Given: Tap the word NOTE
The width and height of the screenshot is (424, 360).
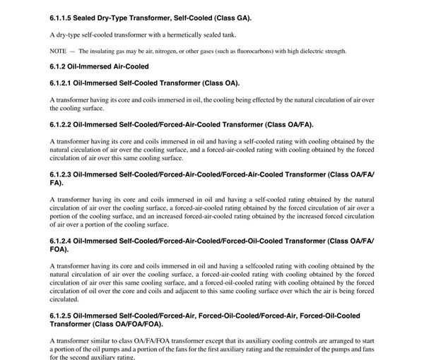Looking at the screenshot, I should click(57, 51).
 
